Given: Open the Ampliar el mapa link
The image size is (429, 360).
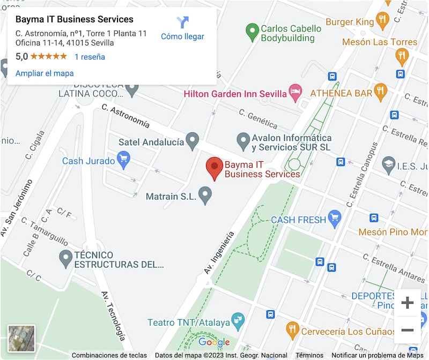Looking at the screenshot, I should pyautogui.click(x=45, y=73).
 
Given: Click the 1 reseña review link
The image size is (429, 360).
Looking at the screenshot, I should pyautogui.click(x=90, y=57).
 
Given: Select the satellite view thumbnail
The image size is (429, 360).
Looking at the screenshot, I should pyautogui.click(x=21, y=339).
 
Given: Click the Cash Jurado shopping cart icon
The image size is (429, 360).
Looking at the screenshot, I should pyautogui.click(x=124, y=160).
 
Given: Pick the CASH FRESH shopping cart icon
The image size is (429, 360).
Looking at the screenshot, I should pyautogui.click(x=335, y=218).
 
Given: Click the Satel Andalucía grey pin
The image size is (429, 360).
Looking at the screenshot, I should pyautogui.click(x=192, y=141).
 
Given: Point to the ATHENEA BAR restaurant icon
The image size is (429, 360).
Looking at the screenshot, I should pyautogui.click(x=380, y=92).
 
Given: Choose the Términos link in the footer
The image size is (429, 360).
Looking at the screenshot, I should pyautogui.click(x=309, y=355).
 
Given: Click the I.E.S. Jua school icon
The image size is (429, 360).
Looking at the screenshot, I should pyautogui.click(x=388, y=164).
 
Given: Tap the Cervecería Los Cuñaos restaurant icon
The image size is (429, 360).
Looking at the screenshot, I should pyautogui.click(x=292, y=331).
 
